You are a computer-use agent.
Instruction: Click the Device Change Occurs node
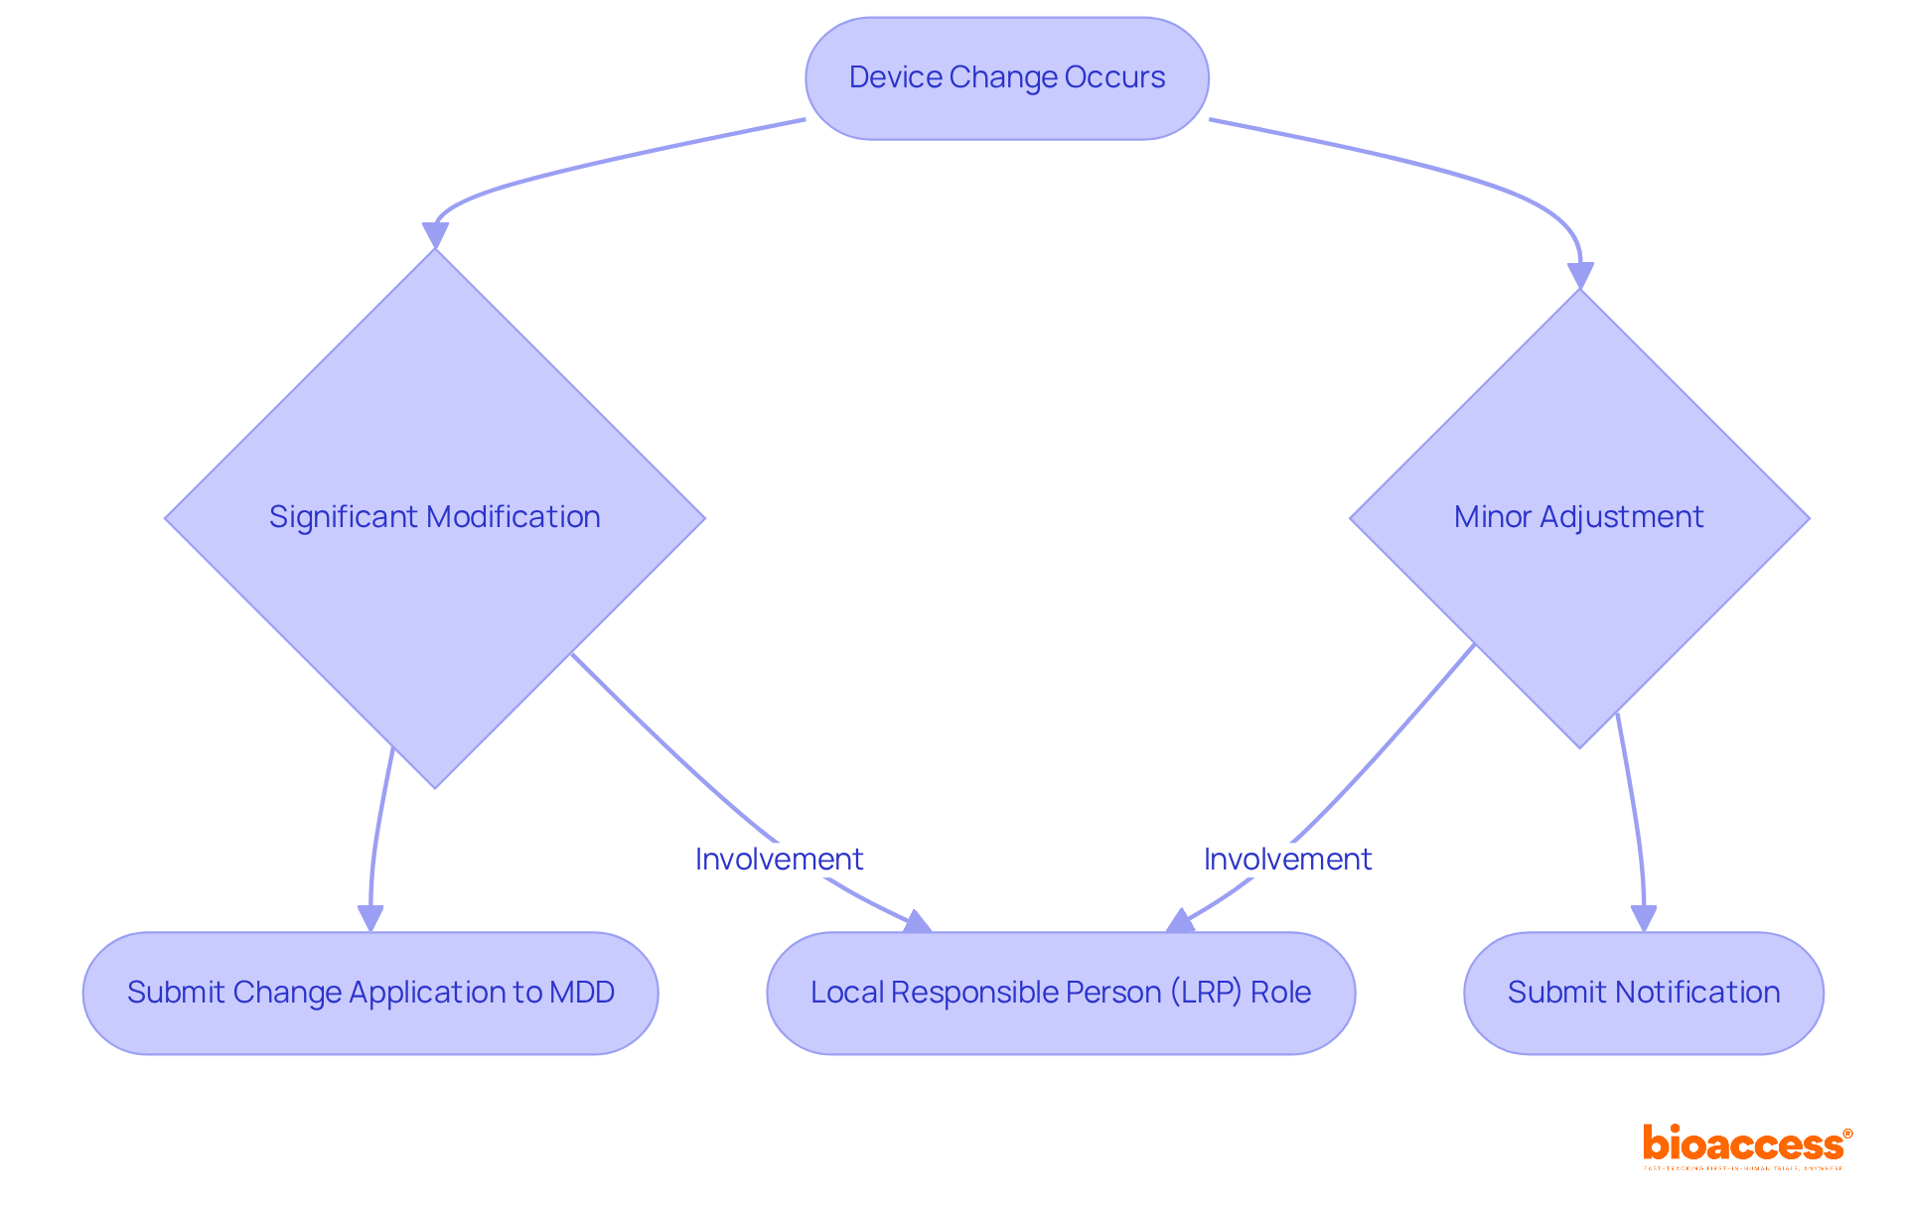coord(1006,77)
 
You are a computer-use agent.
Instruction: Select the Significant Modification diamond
coord(434,517)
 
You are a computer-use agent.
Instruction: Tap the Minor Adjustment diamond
coord(1578,517)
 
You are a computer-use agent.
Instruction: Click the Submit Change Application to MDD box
coord(370,993)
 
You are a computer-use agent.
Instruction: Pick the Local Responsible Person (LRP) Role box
coord(1061,993)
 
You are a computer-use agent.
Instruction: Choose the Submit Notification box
coord(1643,993)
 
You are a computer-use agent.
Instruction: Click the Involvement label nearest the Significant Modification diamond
coord(779,859)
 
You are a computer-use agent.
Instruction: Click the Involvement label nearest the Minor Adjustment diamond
coord(1287,859)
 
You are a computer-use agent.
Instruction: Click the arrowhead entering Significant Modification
coord(435,236)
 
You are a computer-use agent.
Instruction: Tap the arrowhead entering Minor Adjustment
coord(1580,276)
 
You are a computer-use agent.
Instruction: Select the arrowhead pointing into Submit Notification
coord(1644,919)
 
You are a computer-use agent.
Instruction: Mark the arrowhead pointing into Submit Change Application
coord(370,919)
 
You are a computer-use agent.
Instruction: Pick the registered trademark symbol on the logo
coord(1847,1134)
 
